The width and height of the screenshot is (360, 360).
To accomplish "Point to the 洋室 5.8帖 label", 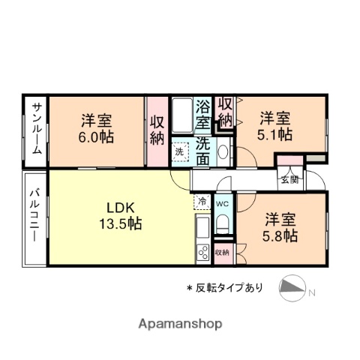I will pos(280,227).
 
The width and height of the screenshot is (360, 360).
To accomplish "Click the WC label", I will pos(223,203).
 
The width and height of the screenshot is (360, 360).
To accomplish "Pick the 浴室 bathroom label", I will pos(203,114).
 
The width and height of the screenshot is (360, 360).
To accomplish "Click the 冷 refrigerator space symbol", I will pos(202,201).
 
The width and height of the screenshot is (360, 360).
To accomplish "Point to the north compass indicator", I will pos(295,287).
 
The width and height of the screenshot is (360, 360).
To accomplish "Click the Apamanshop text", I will pos(179,325).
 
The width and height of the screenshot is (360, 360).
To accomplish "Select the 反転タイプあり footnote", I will pos(224,287).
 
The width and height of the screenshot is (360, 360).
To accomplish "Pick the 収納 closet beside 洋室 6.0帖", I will pos(156,130).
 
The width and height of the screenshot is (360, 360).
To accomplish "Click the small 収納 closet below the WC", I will pos(223,252).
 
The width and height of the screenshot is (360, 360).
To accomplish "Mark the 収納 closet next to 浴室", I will pos(224,112).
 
